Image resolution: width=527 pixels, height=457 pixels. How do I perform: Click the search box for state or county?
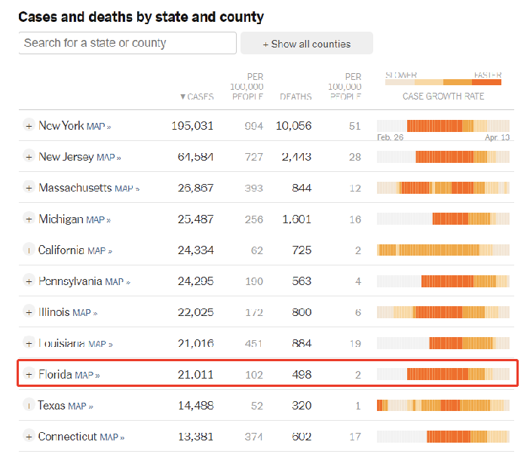point(127,43)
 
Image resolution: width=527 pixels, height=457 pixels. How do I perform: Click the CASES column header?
point(197,97)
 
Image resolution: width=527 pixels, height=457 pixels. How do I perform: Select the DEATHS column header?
point(296,97)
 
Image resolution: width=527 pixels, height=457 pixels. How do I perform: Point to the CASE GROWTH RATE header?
point(443,97)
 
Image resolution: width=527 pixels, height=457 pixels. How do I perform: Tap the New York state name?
point(61,126)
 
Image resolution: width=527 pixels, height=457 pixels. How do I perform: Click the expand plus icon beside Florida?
point(29,374)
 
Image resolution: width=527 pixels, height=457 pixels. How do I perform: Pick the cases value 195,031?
point(192,126)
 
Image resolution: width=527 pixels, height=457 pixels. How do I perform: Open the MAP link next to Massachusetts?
point(127,189)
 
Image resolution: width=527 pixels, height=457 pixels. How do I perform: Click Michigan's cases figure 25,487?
point(192,219)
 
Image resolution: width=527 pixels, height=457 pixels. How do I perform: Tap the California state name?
point(62,250)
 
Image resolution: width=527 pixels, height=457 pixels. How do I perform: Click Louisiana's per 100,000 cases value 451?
point(253,344)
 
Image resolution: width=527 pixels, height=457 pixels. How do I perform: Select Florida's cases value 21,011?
point(192,374)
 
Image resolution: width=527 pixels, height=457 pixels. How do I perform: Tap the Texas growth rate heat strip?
point(443,405)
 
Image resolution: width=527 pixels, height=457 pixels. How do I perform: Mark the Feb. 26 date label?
point(390,137)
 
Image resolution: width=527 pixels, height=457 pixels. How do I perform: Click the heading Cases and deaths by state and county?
point(141,17)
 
